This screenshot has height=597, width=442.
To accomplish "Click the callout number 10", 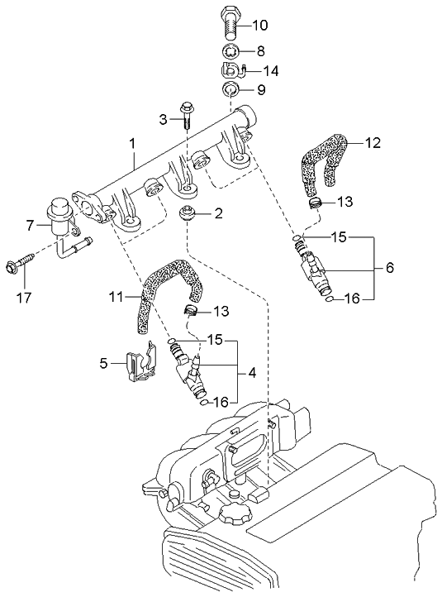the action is point(260,26).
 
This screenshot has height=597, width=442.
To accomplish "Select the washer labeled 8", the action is point(231,50).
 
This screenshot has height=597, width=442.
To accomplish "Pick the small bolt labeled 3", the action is point(187,114).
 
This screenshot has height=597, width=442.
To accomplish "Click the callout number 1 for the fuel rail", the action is point(132,144).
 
